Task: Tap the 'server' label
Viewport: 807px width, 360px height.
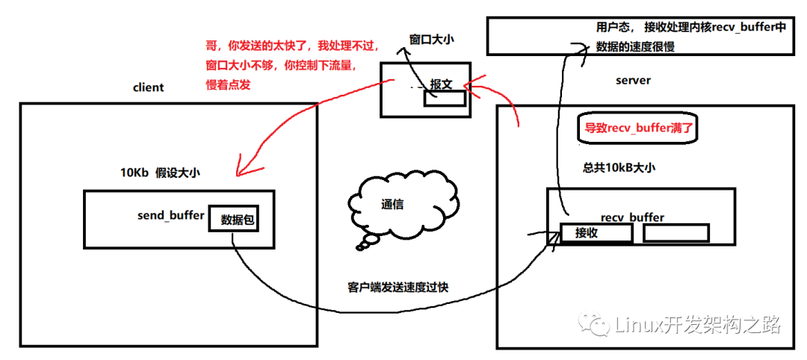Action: point(633,80)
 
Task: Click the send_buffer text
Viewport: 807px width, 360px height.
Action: point(171,215)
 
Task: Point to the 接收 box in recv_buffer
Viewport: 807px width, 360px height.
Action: point(596,233)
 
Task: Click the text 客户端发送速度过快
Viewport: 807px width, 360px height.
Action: point(398,286)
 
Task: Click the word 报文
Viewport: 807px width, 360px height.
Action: point(441,84)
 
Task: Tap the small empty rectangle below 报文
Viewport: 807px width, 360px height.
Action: point(445,98)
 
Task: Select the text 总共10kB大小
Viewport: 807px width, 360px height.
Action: point(619,167)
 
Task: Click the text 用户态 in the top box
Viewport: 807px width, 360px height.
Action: point(605,28)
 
